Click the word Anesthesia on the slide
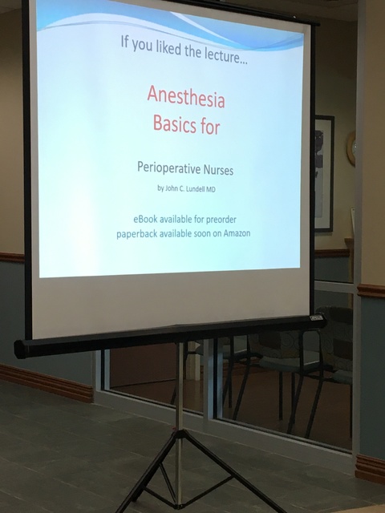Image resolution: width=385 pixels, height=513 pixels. [186, 97]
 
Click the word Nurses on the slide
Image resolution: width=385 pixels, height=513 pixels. [219, 170]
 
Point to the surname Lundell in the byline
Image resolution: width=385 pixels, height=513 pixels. [196, 189]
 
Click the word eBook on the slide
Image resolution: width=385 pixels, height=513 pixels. [145, 219]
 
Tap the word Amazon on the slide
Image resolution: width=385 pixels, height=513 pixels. [237, 233]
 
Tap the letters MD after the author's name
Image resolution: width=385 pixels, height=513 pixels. [211, 189]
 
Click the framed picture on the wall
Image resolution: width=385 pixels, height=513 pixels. [324, 173]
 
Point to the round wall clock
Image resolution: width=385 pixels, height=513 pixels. [351, 148]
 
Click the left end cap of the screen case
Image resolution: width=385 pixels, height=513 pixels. [20, 349]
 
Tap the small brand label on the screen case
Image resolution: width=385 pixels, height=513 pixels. [316, 317]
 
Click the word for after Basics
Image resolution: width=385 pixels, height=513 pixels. [210, 127]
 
